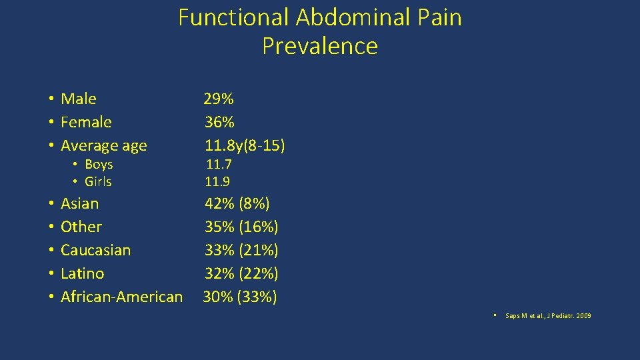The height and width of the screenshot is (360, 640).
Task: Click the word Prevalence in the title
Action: (x=320, y=46)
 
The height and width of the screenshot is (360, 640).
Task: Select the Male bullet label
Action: (x=79, y=99)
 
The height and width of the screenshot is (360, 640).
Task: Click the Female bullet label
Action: (x=86, y=123)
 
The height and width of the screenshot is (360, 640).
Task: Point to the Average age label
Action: (x=104, y=146)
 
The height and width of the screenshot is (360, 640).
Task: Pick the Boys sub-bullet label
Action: (x=99, y=165)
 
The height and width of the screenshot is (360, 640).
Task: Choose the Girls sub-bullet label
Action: (x=98, y=182)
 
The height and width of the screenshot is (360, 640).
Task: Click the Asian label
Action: (x=79, y=204)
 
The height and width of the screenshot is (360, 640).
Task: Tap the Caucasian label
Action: (x=95, y=251)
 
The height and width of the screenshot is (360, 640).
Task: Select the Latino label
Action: (x=82, y=274)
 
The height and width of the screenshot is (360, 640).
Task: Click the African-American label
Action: (x=121, y=297)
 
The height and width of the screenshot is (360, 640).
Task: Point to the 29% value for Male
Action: (x=219, y=99)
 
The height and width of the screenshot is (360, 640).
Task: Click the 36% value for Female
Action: (x=219, y=123)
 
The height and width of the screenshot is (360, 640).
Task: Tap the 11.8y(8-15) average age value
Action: (x=244, y=146)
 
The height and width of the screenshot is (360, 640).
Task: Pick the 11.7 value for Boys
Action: (x=218, y=165)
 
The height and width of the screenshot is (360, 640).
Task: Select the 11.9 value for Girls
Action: (x=218, y=182)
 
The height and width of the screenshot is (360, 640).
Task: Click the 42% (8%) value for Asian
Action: (x=237, y=204)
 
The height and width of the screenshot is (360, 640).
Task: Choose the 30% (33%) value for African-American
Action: (x=240, y=297)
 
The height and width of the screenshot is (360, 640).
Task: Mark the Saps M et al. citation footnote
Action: (x=548, y=315)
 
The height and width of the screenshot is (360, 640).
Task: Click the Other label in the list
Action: (x=81, y=227)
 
